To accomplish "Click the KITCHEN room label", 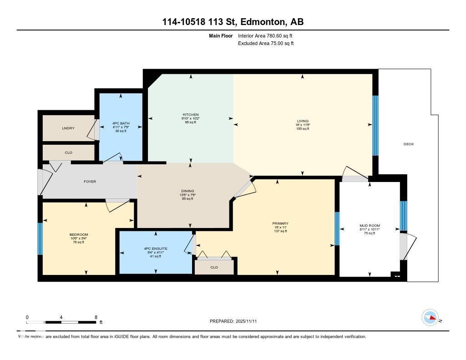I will click(x=191, y=115).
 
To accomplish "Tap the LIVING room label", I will click(x=302, y=121).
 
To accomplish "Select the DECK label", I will click(x=408, y=144).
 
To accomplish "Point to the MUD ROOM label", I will click(x=369, y=226).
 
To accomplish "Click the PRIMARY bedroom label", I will click(x=280, y=223).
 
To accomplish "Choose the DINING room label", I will click(x=187, y=191).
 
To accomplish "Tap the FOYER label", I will click(x=90, y=182).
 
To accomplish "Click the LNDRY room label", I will click(x=68, y=128).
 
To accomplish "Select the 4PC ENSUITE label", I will click(x=156, y=248).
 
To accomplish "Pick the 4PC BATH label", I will click(x=121, y=123).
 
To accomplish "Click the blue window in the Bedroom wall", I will click(x=40, y=239).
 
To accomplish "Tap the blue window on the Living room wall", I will click(x=375, y=126).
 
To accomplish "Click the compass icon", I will click(x=430, y=318).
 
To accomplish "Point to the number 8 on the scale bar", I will click(x=96, y=317).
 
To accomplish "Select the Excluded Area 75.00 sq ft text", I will click(x=266, y=44).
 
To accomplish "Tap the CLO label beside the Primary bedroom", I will click(x=214, y=268).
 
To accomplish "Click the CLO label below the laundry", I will click(x=68, y=152).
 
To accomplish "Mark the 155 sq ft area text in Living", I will click(x=302, y=129).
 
